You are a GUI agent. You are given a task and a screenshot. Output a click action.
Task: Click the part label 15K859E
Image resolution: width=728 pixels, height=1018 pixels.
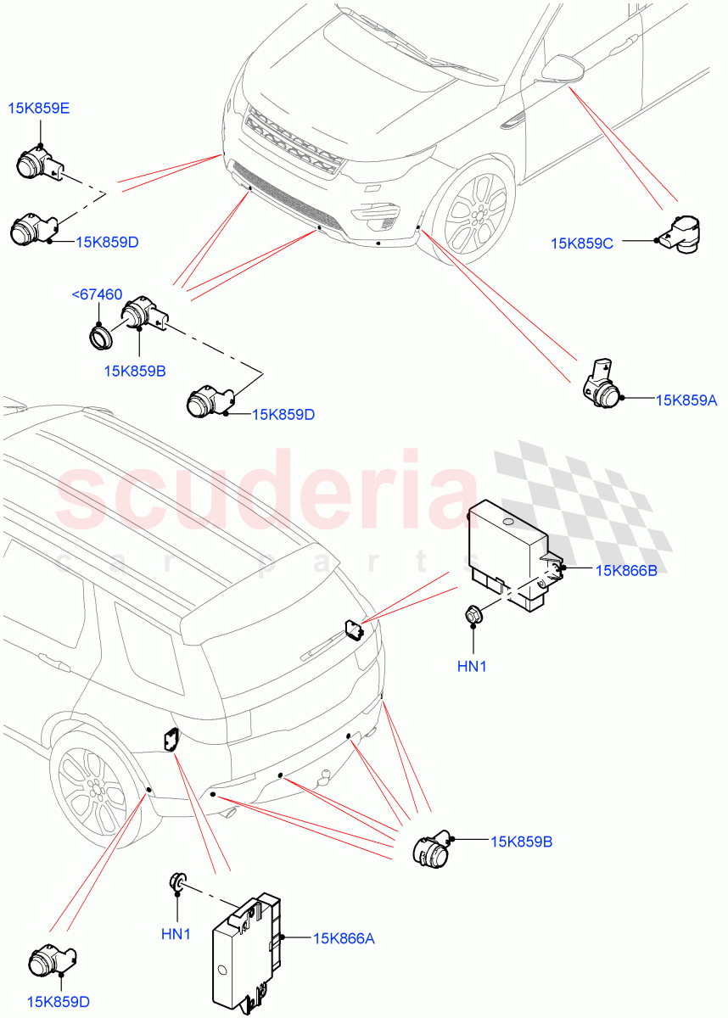click(40, 108)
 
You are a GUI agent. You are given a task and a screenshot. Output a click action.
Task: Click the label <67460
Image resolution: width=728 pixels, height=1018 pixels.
click(98, 294)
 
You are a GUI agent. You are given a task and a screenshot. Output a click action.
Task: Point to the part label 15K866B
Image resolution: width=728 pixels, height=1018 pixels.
click(625, 570)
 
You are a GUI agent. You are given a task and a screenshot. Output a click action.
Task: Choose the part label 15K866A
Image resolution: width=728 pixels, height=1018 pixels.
click(343, 938)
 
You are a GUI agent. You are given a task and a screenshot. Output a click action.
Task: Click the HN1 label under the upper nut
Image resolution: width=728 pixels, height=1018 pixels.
click(472, 667)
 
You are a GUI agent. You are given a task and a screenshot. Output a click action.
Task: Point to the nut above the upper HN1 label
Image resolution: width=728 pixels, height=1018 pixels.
click(473, 614)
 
